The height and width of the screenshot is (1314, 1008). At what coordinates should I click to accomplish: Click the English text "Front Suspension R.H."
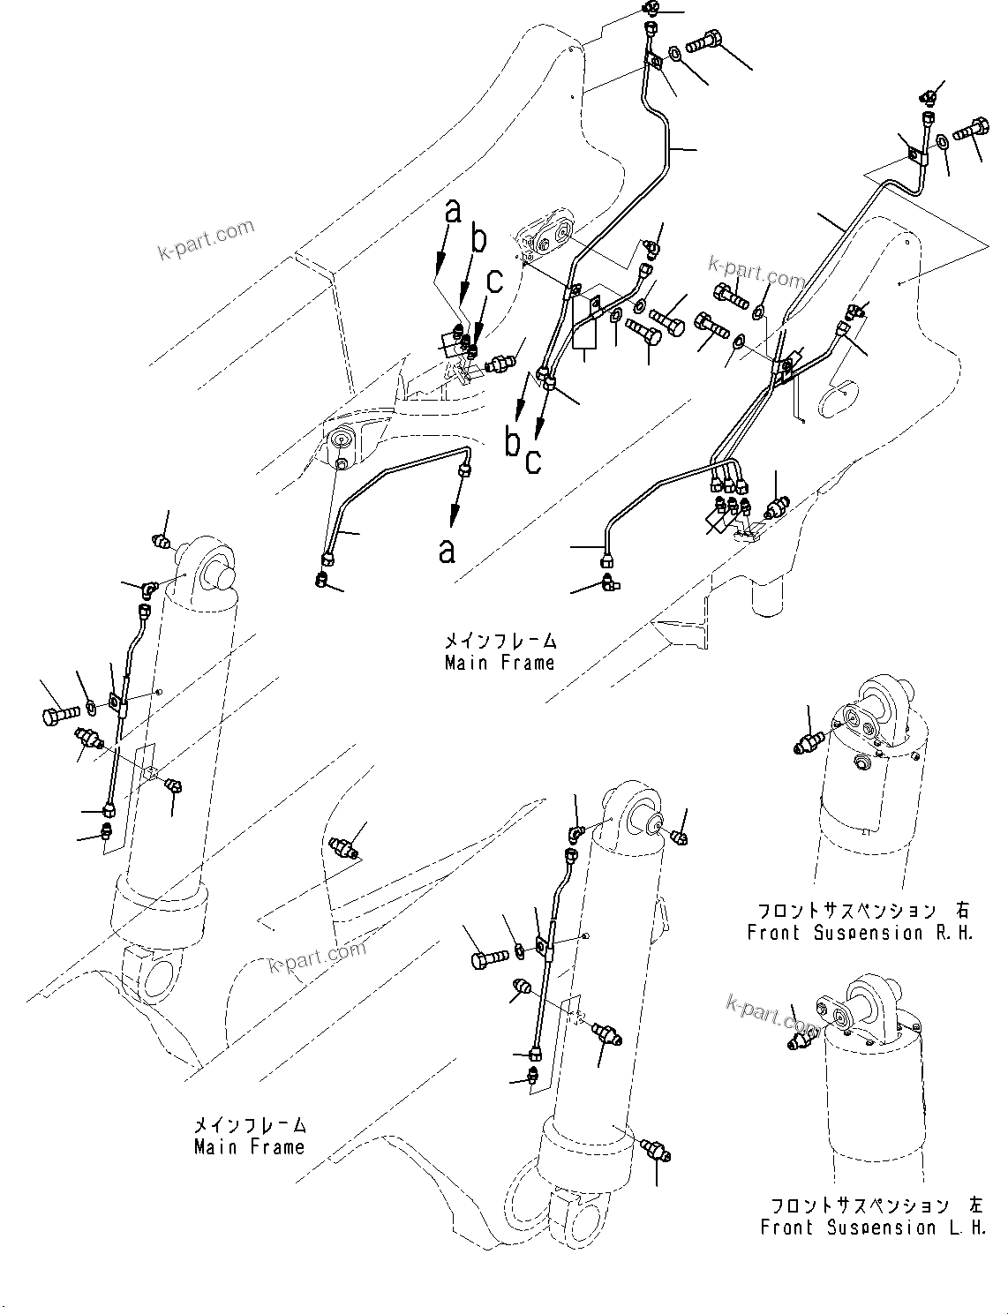click(860, 933)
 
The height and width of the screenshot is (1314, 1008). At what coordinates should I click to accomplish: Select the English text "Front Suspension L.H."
click(873, 1227)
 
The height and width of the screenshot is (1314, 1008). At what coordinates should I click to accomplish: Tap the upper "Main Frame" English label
click(500, 662)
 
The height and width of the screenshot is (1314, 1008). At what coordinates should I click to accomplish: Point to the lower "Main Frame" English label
click(250, 1147)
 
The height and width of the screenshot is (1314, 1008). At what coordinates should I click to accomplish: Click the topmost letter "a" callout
click(452, 212)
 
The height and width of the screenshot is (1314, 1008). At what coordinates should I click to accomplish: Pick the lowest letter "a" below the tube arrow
click(448, 550)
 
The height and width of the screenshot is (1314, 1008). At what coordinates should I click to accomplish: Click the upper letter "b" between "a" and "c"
click(478, 242)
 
